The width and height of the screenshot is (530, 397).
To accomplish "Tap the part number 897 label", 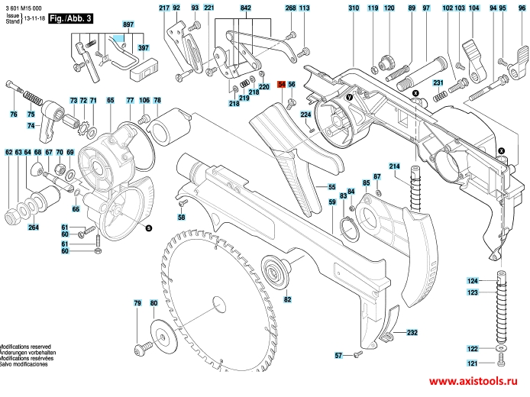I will point(128,25).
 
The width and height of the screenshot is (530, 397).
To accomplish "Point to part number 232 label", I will point(412,333).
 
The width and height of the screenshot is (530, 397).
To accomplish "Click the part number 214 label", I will point(395,166).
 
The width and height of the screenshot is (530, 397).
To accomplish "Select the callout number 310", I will point(353,8).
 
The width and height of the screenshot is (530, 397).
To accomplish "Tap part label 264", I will point(34,228).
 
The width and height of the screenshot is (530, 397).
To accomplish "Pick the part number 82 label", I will point(288,300).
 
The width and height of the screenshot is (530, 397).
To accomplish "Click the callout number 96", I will point(522,8).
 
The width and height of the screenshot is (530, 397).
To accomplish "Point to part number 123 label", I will point(473,292).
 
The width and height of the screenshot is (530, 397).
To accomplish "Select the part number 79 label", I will point(137,304).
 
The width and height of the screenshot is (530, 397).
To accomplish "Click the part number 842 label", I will point(245,8).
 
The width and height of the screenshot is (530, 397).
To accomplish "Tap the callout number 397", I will point(143,47).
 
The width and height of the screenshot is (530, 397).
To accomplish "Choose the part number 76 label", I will point(13,115).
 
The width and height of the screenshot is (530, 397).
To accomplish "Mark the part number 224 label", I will point(305,115).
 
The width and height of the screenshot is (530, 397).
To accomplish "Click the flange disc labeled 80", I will point(160,333).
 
